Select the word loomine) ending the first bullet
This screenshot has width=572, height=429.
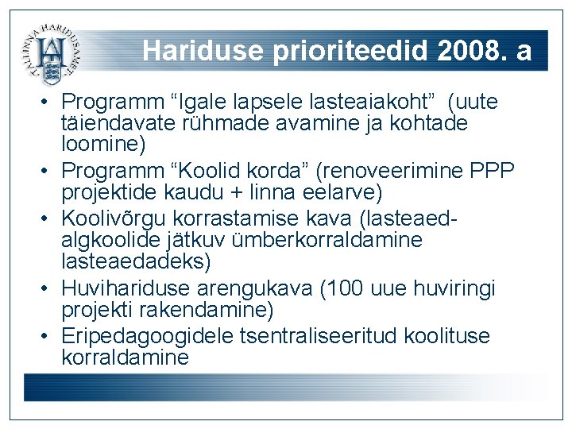[x=103, y=145]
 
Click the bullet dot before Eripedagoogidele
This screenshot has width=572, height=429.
[x=48, y=335]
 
